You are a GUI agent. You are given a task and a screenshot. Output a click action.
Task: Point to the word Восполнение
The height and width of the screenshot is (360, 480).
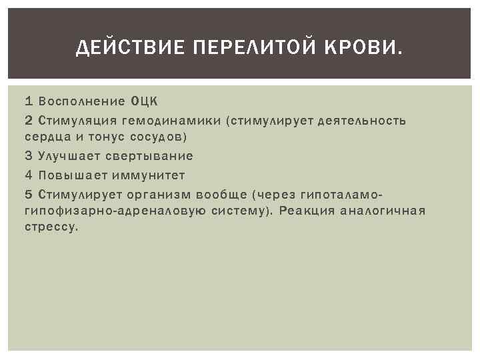pos(81,102)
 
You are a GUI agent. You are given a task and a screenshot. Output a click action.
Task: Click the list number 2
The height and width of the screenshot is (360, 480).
pos(28,121)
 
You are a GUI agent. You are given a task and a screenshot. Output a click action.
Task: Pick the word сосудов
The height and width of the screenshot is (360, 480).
pos(160,137)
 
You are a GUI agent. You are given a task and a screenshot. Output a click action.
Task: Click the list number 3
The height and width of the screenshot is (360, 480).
pos(28,156)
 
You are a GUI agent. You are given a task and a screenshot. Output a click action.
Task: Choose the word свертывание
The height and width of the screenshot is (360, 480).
pos(149,156)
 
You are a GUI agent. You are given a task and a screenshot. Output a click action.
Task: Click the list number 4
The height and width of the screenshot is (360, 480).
pos(28,175)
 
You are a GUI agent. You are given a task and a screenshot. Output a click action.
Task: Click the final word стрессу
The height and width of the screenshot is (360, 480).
pos(51,227)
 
